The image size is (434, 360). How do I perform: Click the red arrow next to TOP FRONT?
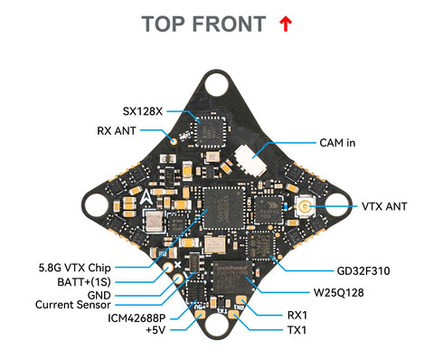[286, 24]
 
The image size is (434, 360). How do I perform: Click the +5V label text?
[155, 331]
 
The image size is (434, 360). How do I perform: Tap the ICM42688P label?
[141, 317]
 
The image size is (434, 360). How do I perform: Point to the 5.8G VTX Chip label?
[75, 268]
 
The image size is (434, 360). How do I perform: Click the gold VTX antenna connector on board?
[305, 207]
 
